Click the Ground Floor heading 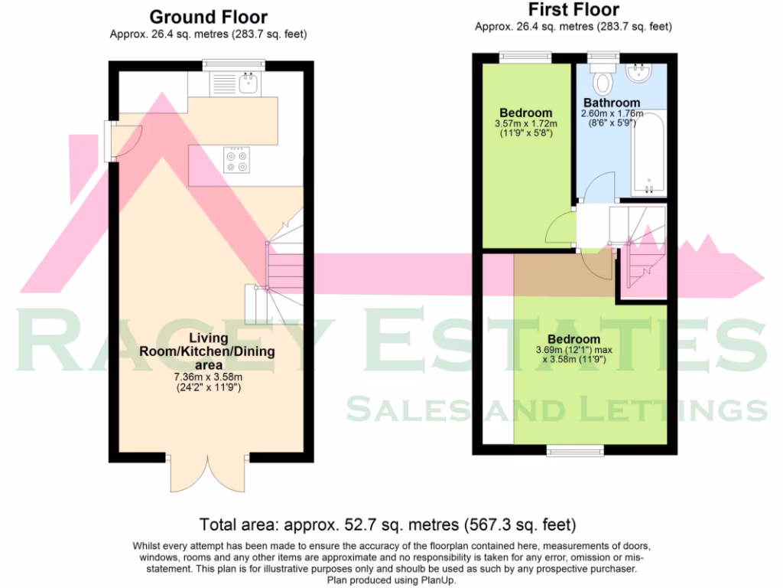tap(208, 16)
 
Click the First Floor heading tap(573, 9)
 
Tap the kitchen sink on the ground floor tap(249, 82)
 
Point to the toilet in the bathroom tap(604, 80)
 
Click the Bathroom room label tap(612, 103)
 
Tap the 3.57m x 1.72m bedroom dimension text tap(526, 123)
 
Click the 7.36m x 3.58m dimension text tap(208, 377)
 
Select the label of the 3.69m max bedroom tap(573, 339)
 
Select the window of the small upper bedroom tap(526, 57)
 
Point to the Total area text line tap(388, 525)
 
